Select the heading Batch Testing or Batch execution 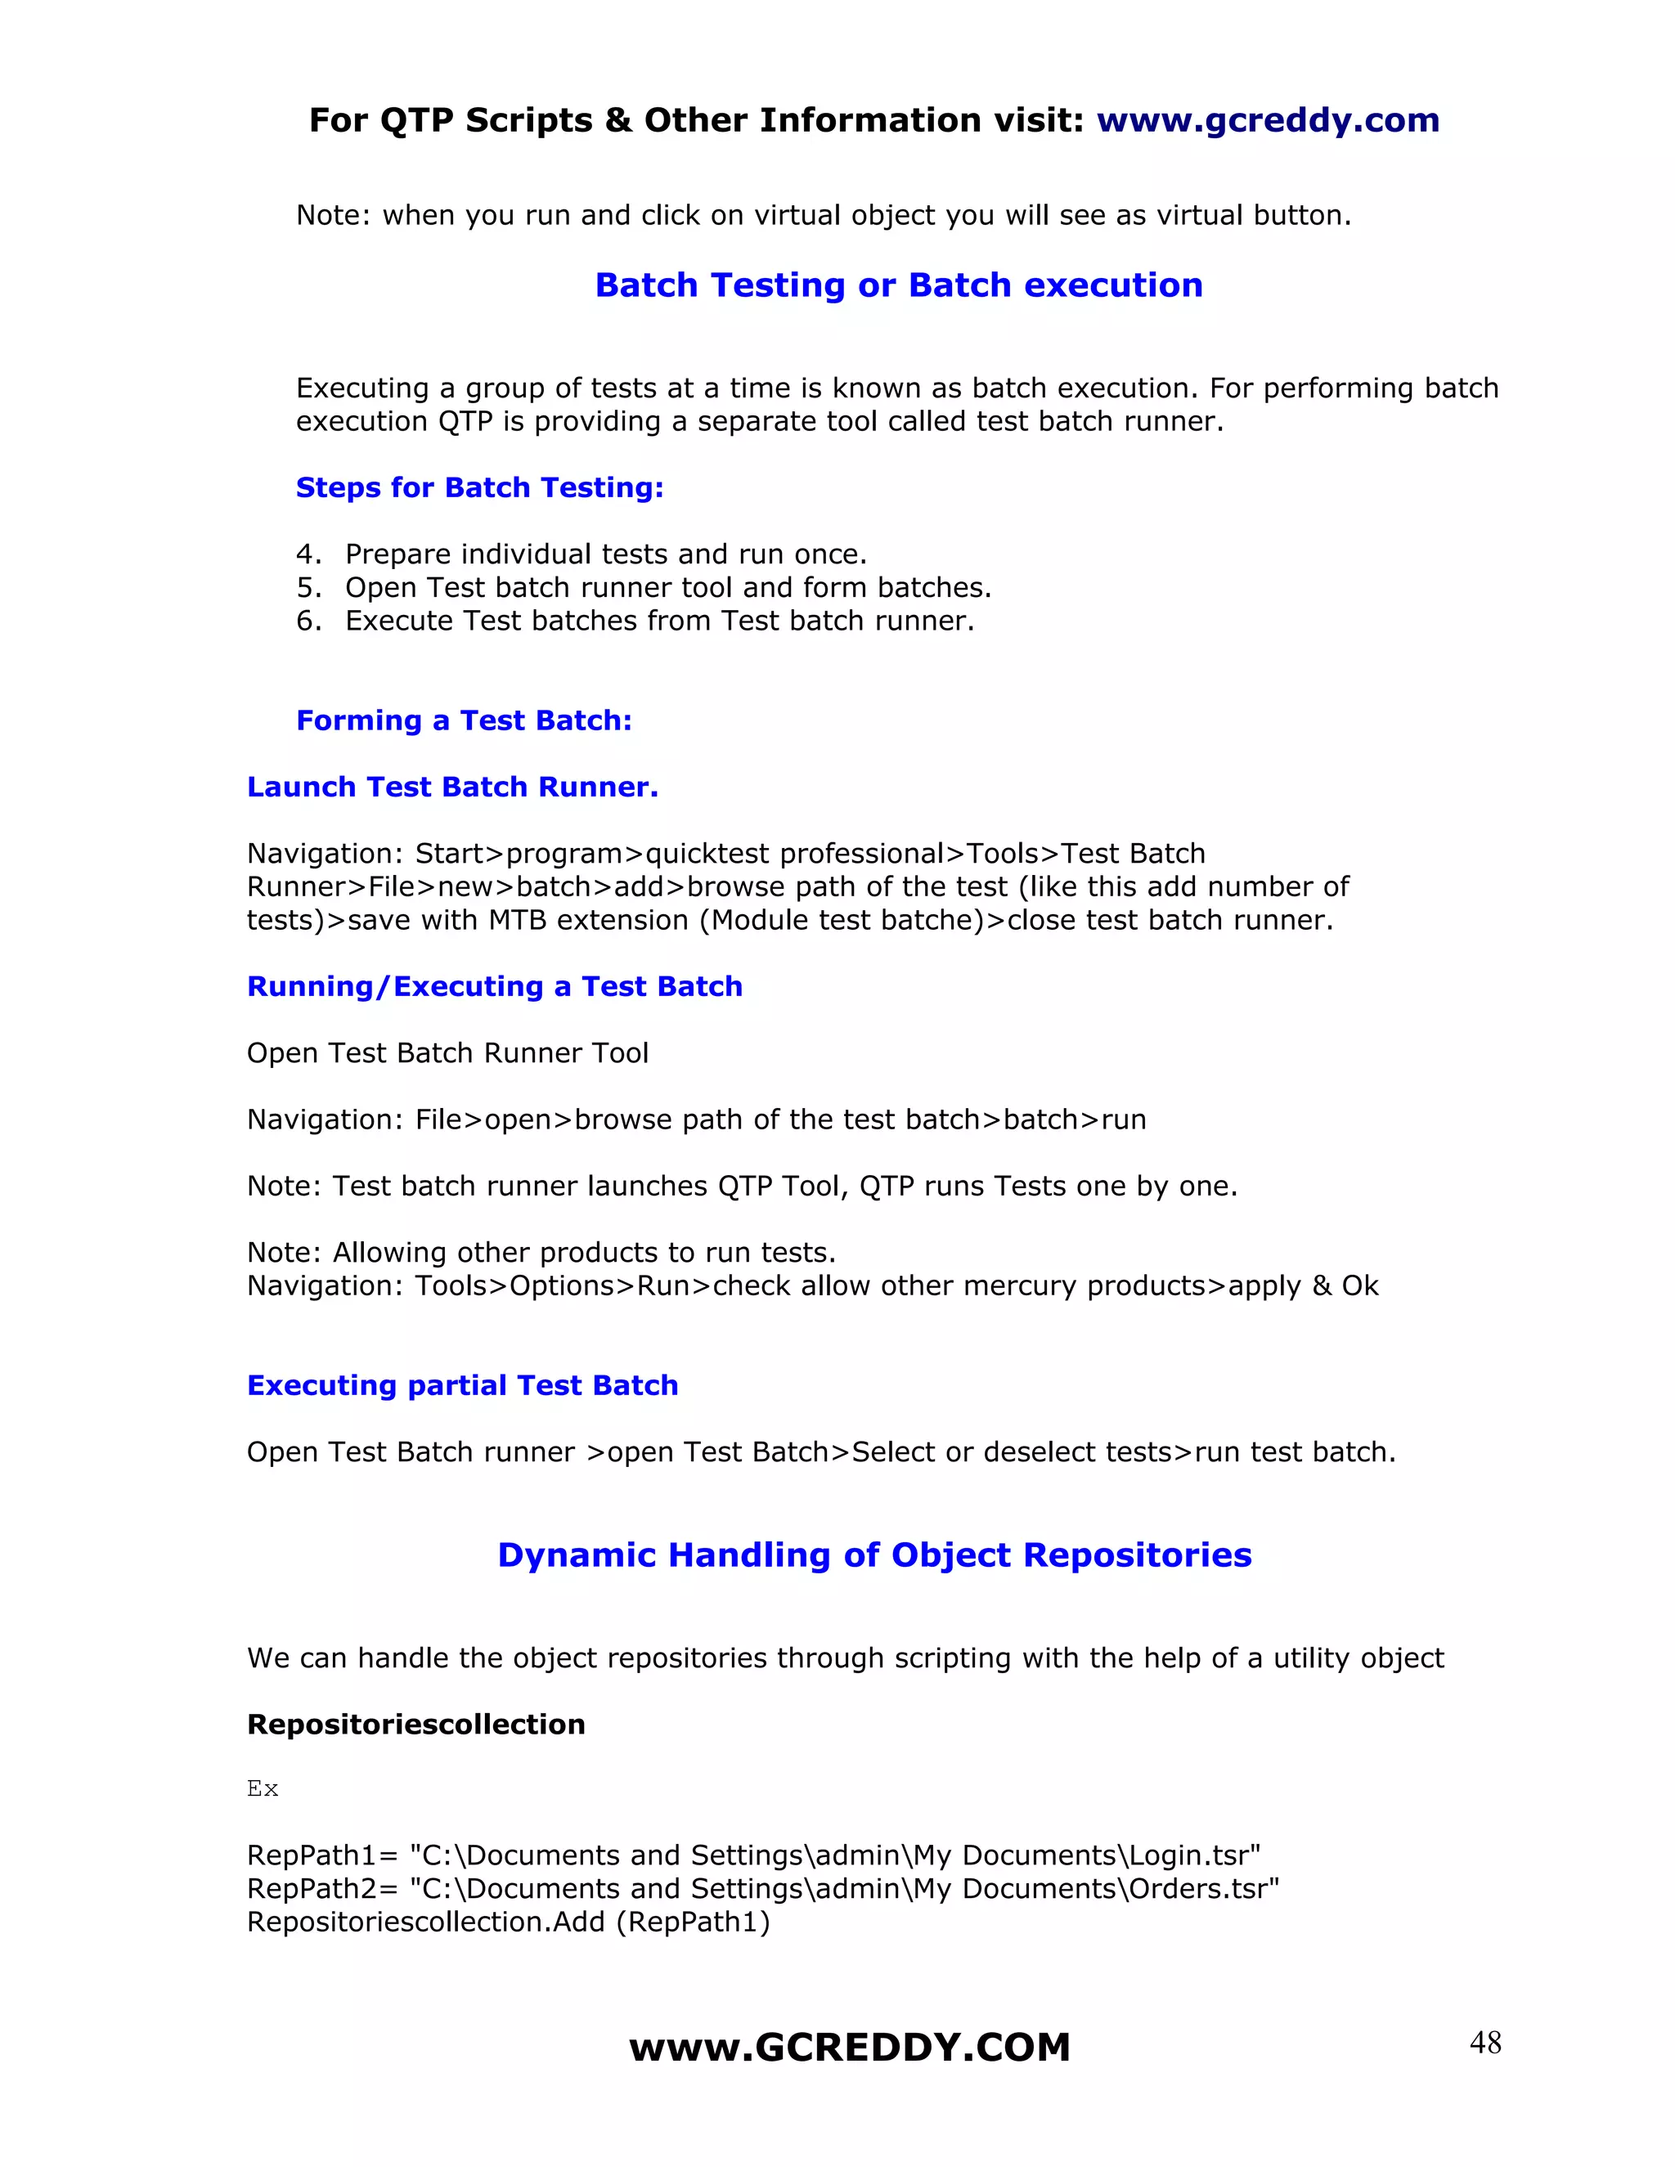[898, 285]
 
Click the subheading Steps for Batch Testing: [479, 487]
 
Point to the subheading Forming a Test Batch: [464, 720]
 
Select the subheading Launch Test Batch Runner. [452, 787]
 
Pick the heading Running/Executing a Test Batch [494, 986]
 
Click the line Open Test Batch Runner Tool [447, 1052]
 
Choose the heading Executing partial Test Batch [462, 1385]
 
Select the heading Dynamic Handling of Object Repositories [874, 1555]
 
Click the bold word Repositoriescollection [415, 1725]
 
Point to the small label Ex [262, 1789]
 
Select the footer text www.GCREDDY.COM [850, 2048]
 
